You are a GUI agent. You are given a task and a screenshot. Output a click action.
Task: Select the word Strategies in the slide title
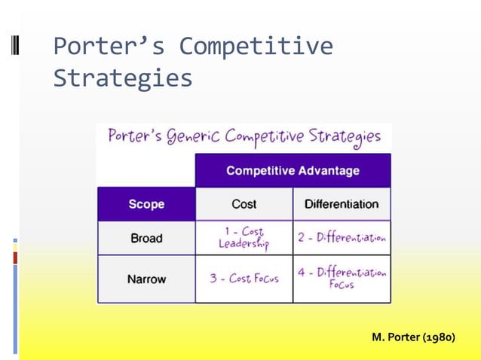click(122, 78)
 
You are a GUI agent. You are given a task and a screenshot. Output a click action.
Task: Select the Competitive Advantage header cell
click(293, 171)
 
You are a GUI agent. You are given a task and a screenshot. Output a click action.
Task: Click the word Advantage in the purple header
click(329, 171)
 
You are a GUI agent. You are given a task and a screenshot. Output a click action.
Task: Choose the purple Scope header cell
click(146, 204)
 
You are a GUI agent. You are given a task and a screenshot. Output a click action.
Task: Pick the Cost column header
click(244, 204)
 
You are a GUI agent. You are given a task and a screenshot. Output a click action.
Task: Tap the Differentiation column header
click(342, 204)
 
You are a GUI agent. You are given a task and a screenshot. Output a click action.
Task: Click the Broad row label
click(146, 238)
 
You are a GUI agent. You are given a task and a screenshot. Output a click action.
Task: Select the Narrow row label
click(146, 279)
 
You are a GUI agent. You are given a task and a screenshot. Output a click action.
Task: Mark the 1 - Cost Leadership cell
click(244, 238)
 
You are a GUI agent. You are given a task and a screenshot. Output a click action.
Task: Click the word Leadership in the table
click(244, 245)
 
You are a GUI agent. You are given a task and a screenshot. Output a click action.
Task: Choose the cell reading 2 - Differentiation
click(342, 238)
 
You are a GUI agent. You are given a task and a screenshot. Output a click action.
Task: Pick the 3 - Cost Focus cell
click(244, 279)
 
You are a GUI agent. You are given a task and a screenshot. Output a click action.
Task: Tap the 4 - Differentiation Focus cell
click(342, 279)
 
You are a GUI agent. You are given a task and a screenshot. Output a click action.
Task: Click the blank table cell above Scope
click(146, 171)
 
